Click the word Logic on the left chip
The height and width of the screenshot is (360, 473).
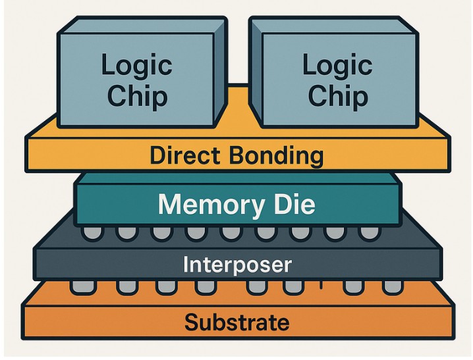tap(136, 66)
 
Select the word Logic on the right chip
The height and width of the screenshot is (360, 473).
tap(337, 66)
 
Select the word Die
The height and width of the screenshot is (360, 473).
tap(293, 204)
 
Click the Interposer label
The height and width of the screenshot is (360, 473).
tap(237, 265)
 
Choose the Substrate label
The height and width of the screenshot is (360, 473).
tap(237, 322)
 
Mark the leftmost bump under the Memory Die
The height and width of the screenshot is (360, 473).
tap(90, 232)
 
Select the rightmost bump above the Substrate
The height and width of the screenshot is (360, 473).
tap(393, 287)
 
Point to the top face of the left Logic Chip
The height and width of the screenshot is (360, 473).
tap(142, 26)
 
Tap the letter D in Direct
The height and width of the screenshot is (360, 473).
tap(157, 156)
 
